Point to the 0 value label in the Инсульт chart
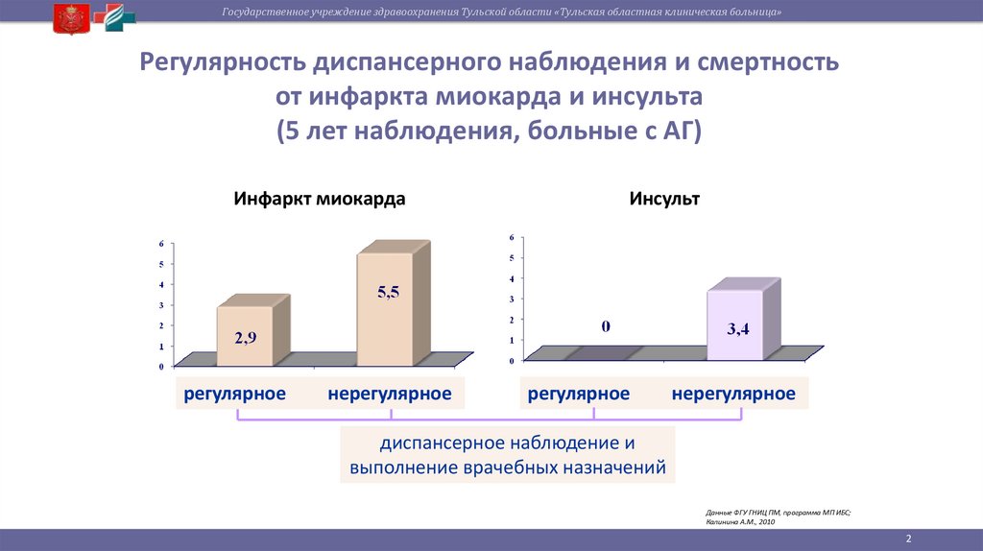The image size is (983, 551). pos(606,326)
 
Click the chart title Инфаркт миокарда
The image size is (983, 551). pos(319,200)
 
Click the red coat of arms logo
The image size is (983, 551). pos(68,17)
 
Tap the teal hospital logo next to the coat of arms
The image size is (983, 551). pos(119,17)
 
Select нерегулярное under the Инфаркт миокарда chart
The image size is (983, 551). pos(389,394)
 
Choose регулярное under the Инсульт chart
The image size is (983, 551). pos(579,394)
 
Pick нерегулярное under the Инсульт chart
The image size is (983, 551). pos(733,394)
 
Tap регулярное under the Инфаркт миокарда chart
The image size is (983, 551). pos(235,394)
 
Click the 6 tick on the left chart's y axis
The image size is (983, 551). pos(161,243)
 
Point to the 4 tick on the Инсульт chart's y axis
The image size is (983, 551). pos(512,278)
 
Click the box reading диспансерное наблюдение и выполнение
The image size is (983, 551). pos(508,456)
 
